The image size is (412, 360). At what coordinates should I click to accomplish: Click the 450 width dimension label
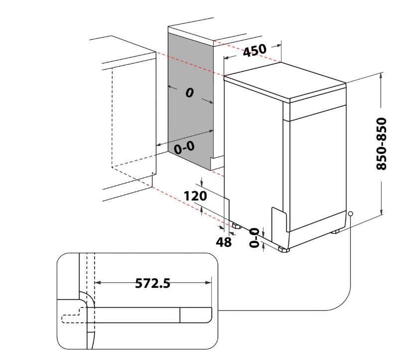(x=255, y=50)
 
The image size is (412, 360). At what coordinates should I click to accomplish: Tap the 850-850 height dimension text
(x=382, y=143)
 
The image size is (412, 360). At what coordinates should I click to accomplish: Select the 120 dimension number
(x=195, y=196)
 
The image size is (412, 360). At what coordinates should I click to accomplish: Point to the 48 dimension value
(x=224, y=242)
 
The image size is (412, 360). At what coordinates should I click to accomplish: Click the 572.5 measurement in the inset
(x=152, y=283)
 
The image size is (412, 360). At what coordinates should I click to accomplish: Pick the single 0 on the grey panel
(x=189, y=93)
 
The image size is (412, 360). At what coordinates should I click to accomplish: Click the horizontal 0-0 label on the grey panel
(x=184, y=148)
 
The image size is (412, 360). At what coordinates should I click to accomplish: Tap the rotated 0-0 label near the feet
(x=254, y=238)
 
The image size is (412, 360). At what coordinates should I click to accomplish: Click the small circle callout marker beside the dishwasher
(x=350, y=214)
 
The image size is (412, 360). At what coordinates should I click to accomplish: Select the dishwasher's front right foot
(x=284, y=249)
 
